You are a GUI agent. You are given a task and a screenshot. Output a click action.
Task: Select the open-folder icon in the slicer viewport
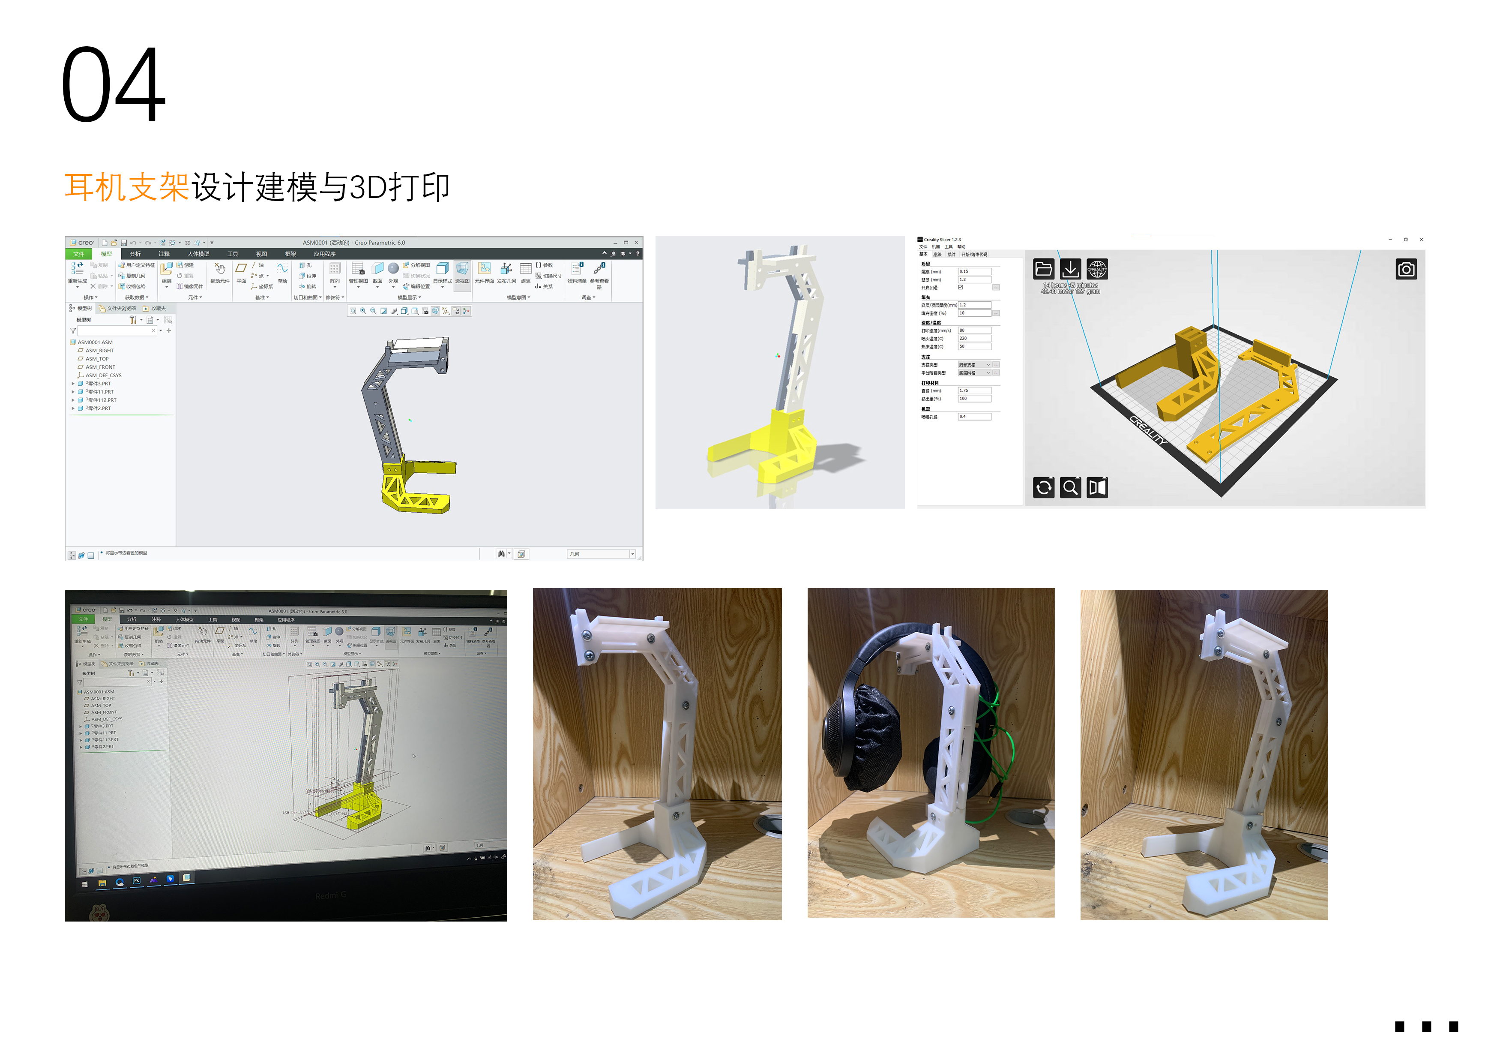(x=1043, y=268)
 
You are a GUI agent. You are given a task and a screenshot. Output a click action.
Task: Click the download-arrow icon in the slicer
(x=1070, y=268)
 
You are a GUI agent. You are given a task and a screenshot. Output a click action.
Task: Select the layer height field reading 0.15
(x=973, y=271)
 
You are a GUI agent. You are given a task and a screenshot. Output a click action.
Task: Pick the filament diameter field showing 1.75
(x=973, y=390)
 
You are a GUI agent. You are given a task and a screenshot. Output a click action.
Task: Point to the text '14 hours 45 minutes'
(x=1070, y=285)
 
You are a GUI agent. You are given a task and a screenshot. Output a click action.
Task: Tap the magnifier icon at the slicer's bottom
(x=1070, y=487)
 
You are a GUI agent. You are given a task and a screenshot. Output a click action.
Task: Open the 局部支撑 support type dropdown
(x=974, y=365)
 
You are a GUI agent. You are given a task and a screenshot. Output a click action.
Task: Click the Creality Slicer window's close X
(x=1421, y=240)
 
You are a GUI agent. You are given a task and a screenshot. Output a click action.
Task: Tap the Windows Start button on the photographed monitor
(x=84, y=884)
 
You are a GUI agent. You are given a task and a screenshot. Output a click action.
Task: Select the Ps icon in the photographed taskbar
(x=136, y=881)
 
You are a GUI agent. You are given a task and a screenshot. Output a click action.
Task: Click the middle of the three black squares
(x=1426, y=1026)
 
